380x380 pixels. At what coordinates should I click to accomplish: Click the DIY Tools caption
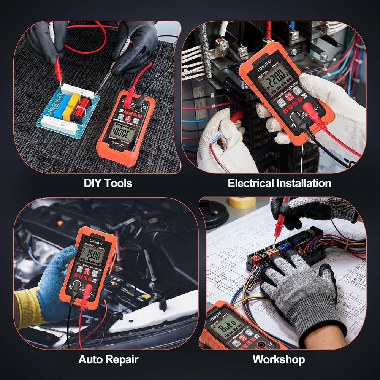pyautogui.click(x=108, y=183)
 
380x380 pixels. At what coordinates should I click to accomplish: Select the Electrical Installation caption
pyautogui.click(x=279, y=183)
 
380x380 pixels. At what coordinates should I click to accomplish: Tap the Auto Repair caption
pyautogui.click(x=108, y=359)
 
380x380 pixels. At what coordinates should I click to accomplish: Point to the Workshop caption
pyautogui.click(x=279, y=359)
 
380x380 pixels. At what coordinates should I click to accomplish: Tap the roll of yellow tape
pyautogui.click(x=242, y=203)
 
